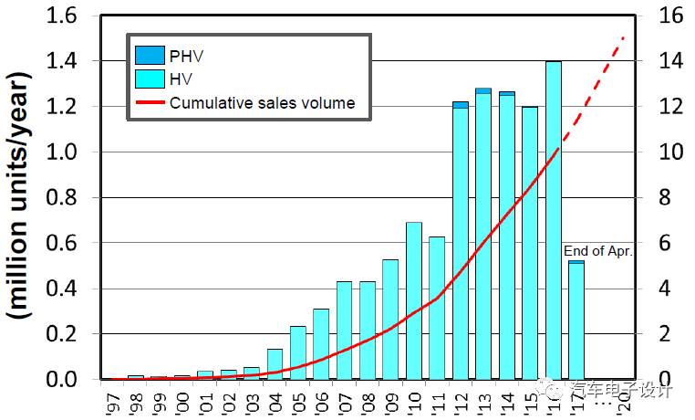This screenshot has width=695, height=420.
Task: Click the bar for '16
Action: (553, 219)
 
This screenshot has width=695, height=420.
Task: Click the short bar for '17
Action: (576, 320)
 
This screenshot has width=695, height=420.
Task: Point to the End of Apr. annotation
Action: (597, 250)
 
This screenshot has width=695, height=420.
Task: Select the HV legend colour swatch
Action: (149, 79)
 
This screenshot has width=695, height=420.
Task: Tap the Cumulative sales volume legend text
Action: (262, 102)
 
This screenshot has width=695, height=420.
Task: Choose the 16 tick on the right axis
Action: (658, 16)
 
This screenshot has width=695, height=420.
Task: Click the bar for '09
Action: (390, 319)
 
